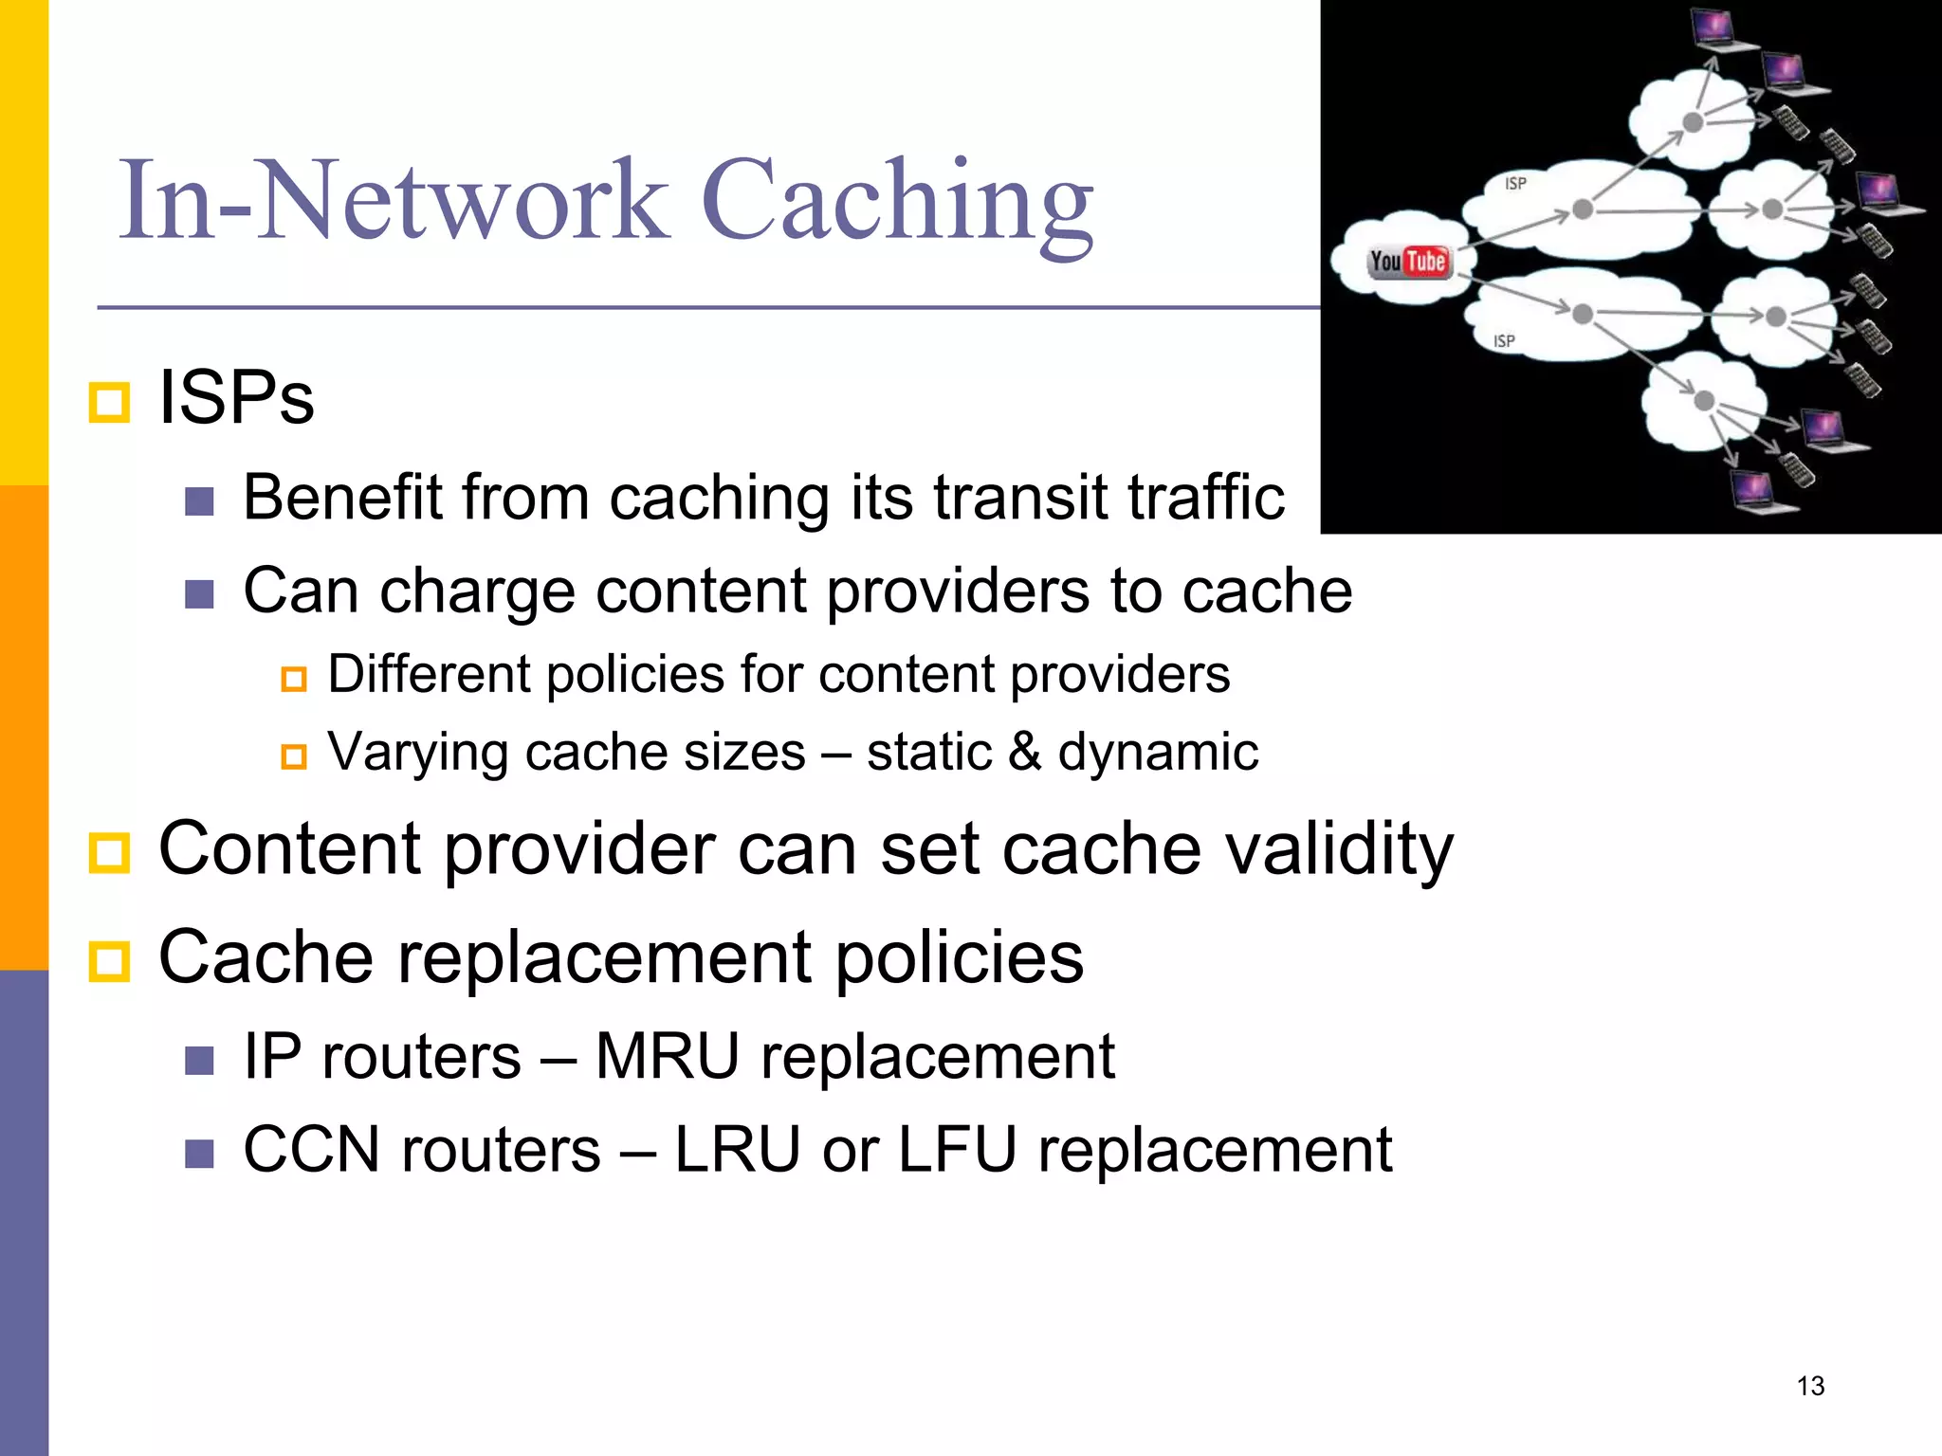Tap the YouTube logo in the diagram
coord(1408,262)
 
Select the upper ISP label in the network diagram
coord(1515,183)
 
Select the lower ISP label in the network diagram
coord(1504,340)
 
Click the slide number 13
coord(1810,1386)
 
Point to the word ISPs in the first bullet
coord(236,398)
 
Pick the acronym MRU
coord(667,1057)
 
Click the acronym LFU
coord(957,1150)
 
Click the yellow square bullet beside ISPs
coord(109,403)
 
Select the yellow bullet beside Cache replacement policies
coord(109,961)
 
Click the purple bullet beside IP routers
coord(199,1061)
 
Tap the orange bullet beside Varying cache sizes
coord(294,756)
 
